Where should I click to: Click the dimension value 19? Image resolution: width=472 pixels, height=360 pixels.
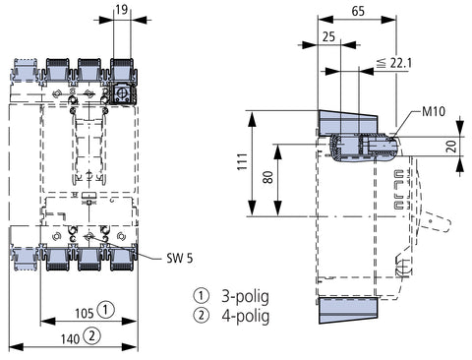(x=121, y=9)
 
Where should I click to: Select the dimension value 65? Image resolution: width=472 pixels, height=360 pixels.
(x=358, y=11)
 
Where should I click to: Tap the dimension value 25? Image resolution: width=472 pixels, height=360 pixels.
(x=328, y=36)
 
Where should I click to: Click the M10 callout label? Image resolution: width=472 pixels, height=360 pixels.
(x=434, y=111)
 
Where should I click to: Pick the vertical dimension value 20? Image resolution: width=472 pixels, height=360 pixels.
(x=452, y=146)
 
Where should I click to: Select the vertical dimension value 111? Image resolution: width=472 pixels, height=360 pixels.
(x=243, y=161)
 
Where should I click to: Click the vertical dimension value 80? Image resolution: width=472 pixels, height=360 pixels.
(x=268, y=177)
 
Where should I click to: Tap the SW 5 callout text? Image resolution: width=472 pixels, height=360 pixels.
(x=179, y=259)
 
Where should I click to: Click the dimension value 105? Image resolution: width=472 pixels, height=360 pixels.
(x=85, y=313)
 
